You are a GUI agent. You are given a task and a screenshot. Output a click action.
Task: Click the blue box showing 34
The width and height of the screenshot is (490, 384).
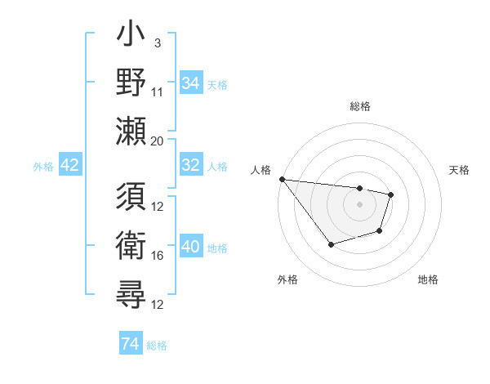point(190,83)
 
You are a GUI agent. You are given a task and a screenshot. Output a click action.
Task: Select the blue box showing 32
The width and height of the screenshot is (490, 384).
point(190,165)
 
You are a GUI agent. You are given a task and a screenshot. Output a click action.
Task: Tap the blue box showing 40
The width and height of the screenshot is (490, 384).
point(190,248)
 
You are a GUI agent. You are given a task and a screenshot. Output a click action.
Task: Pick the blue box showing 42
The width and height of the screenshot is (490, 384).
point(70,165)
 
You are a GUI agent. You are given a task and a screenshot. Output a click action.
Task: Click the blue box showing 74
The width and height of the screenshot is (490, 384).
point(130,345)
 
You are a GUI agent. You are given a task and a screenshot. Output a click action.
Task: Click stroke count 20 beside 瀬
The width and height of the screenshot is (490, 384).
point(158,141)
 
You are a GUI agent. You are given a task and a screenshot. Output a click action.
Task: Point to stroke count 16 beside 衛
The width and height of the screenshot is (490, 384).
point(158,256)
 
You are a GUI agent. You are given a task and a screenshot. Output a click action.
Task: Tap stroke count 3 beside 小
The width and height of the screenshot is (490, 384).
point(157,43)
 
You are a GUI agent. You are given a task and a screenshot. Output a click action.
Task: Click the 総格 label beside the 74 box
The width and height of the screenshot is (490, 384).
point(157,346)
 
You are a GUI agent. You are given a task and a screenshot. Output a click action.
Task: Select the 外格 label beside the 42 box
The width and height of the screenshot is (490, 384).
point(43,166)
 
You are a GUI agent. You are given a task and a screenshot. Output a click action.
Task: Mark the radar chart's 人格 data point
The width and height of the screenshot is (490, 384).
point(282,179)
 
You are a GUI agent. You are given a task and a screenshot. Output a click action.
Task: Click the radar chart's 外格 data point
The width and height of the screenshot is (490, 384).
point(331,244)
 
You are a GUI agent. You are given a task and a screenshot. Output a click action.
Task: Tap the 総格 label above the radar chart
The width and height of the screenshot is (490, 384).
point(359,106)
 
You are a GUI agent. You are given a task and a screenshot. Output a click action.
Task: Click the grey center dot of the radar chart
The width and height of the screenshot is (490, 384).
point(359,204)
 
